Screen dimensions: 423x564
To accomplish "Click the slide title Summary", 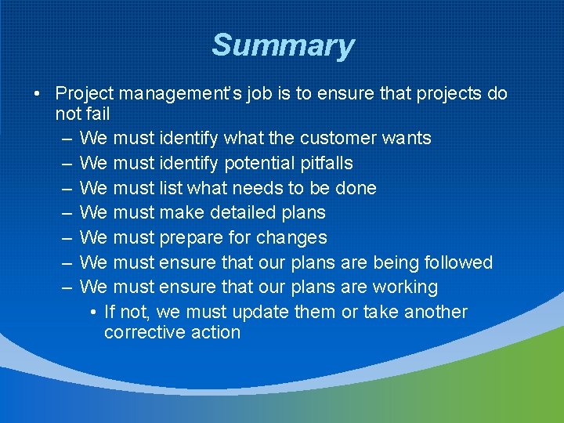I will tap(283, 45).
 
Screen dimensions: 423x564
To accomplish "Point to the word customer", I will tap(337, 139).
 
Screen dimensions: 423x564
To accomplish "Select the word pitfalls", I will tap(327, 164).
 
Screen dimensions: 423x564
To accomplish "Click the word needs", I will tap(277, 188).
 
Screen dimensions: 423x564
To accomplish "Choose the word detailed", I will tap(237, 212).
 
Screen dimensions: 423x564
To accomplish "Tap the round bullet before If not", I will tap(94, 313).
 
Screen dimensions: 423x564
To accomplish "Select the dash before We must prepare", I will tap(67, 237).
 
